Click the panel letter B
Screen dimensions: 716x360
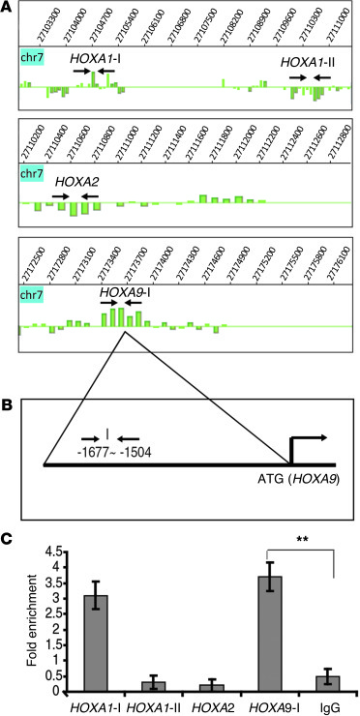7,408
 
